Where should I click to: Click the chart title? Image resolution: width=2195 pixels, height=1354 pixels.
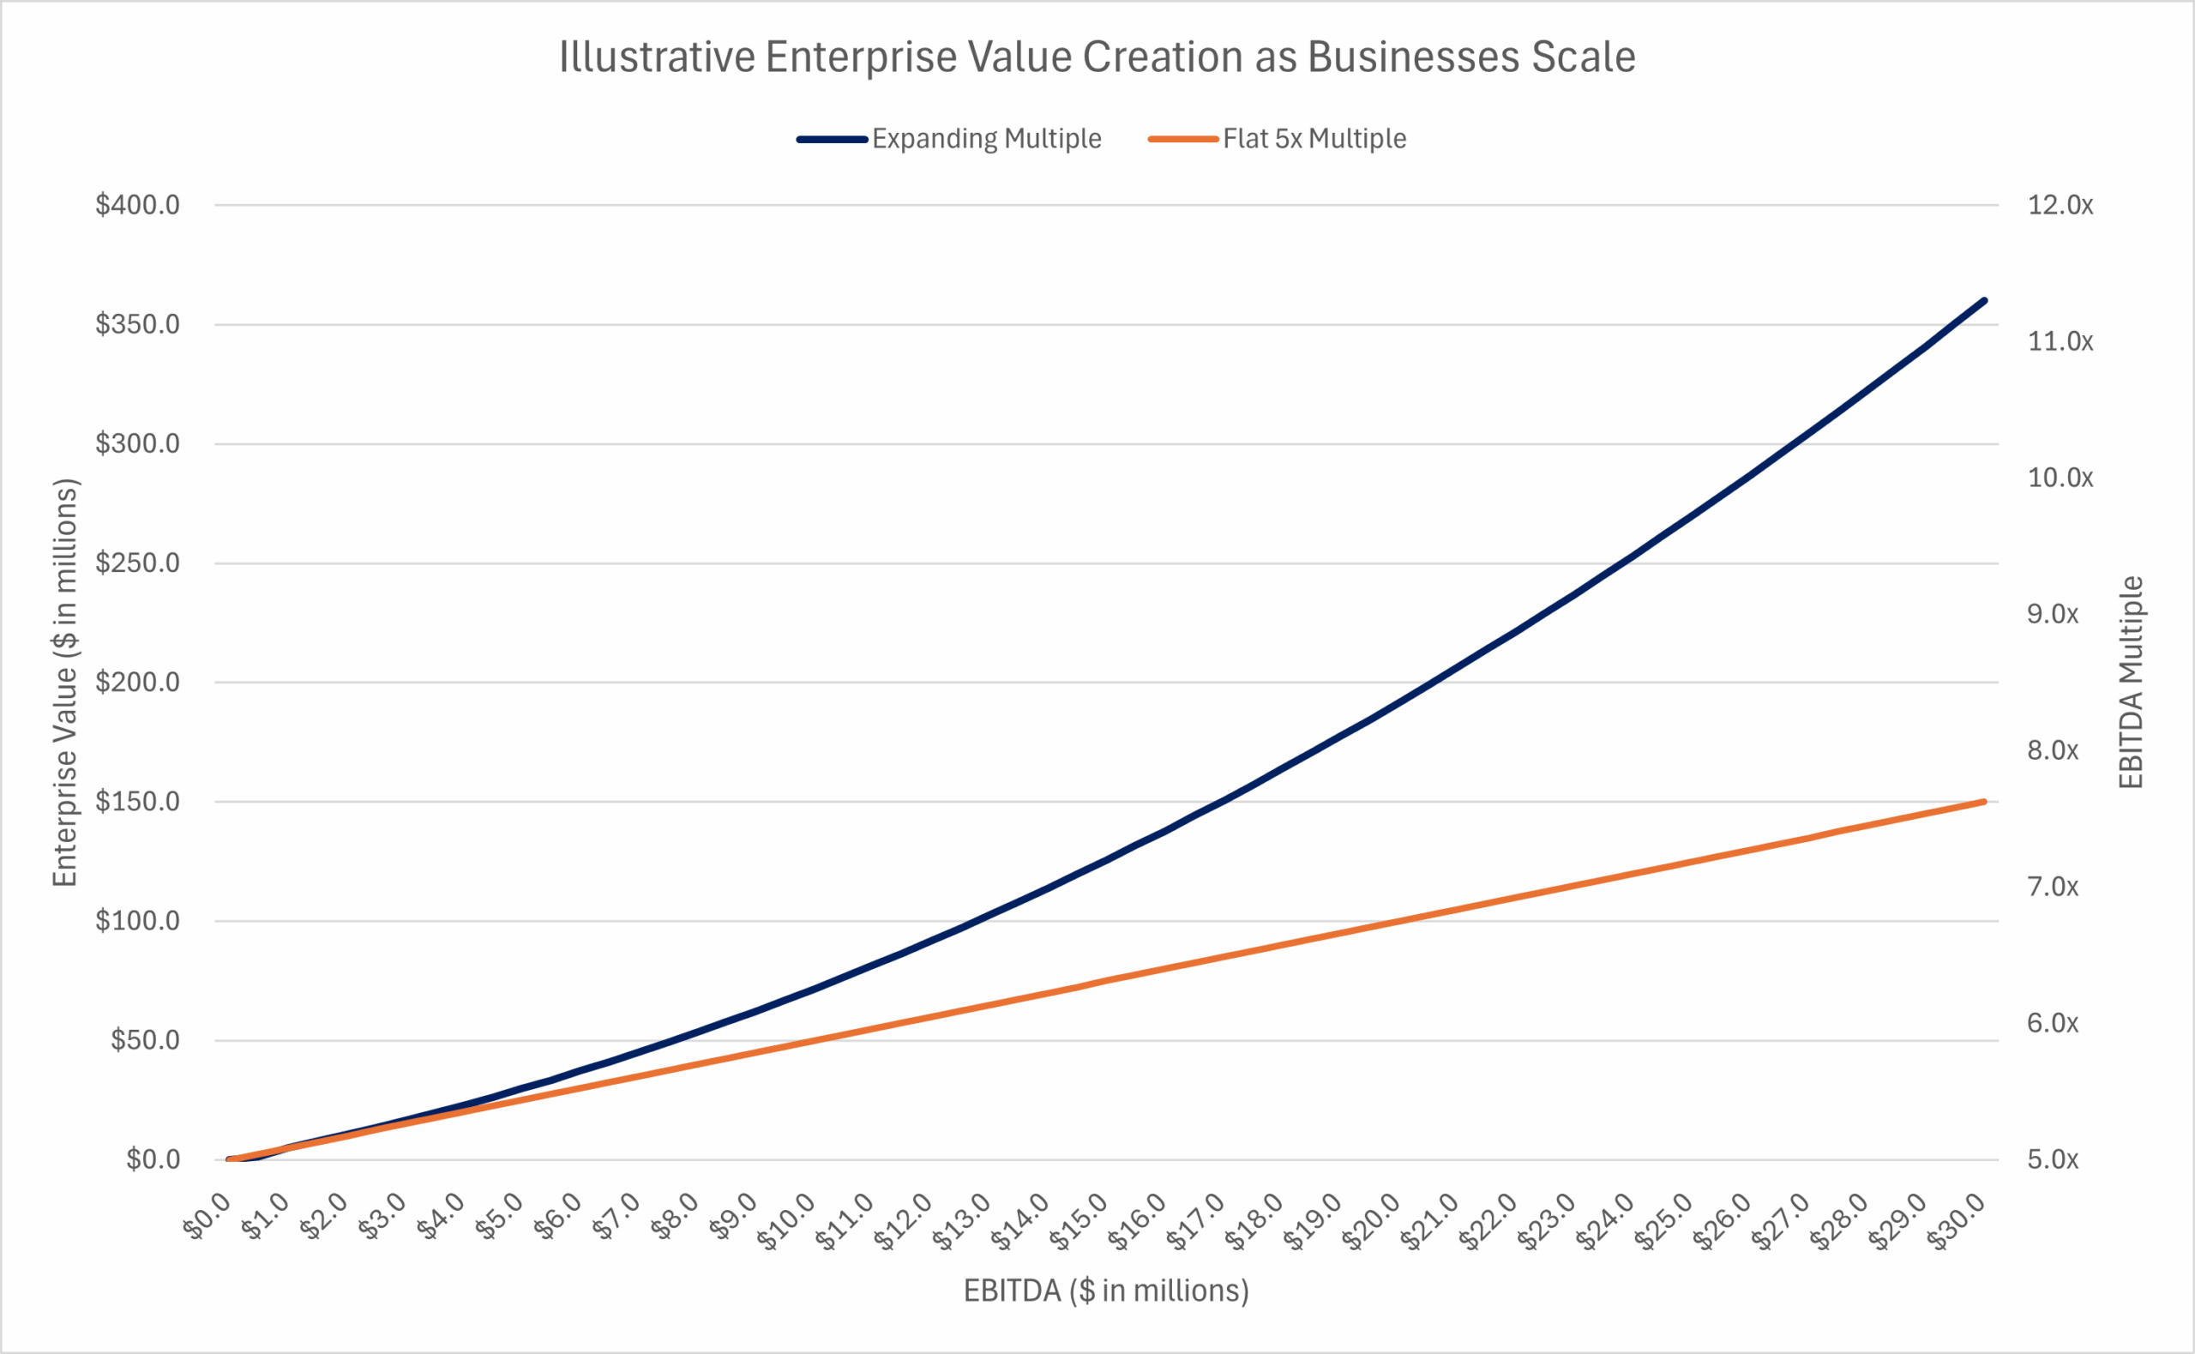click(1097, 57)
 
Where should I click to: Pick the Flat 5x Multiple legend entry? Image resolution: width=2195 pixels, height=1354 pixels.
click(1314, 139)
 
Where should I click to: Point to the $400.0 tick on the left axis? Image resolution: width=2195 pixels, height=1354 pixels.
click(138, 205)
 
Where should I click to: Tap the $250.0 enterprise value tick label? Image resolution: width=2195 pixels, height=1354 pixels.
click(138, 563)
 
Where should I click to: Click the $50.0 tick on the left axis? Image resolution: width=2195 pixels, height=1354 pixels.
click(145, 1039)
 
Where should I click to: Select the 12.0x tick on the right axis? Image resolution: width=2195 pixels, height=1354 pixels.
click(2060, 205)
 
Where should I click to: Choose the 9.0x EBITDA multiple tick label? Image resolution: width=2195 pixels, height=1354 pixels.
click(2053, 614)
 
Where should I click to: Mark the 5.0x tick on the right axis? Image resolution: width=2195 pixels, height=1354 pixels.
click(2053, 1159)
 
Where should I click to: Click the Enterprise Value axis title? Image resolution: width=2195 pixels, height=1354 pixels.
click(65, 683)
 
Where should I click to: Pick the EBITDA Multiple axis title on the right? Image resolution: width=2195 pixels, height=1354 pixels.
click(2132, 683)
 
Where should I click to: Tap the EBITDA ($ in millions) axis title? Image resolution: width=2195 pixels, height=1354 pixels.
click(1105, 1291)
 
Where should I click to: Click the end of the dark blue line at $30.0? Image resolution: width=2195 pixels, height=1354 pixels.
click(1985, 301)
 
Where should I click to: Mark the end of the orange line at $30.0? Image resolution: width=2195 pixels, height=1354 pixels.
click(1985, 802)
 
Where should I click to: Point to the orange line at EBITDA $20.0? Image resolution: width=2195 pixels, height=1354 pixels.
click(1400, 921)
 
